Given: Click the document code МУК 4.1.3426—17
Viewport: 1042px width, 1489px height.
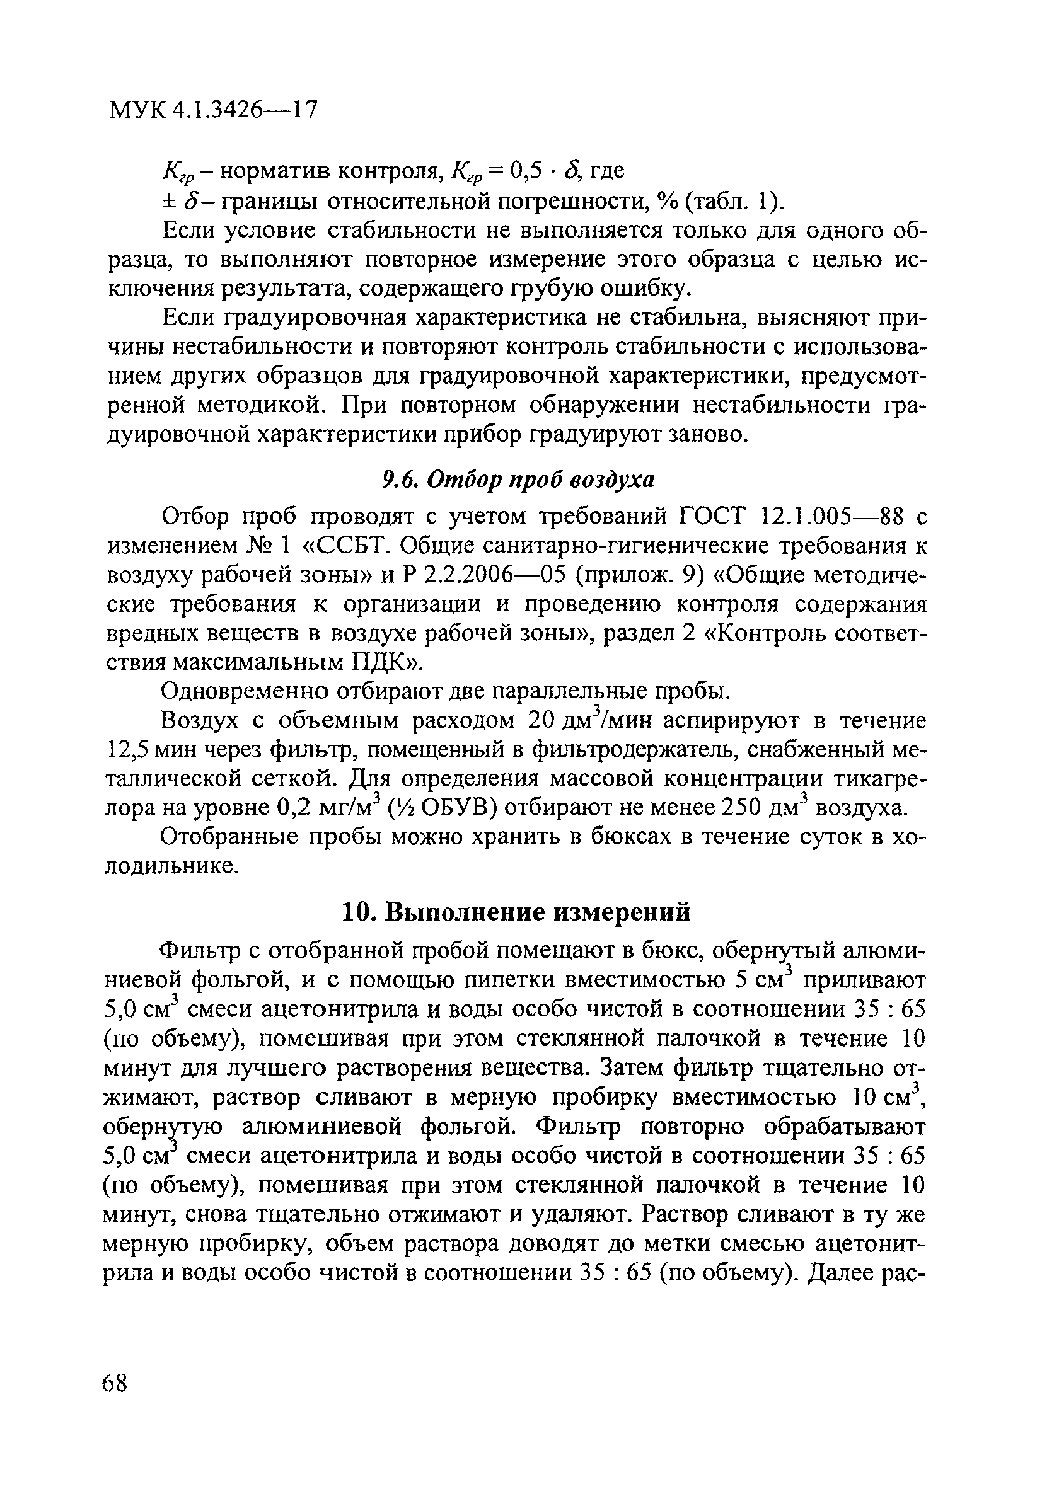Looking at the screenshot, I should tap(214, 110).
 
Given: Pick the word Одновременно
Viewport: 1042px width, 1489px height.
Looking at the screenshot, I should tap(243, 692).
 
